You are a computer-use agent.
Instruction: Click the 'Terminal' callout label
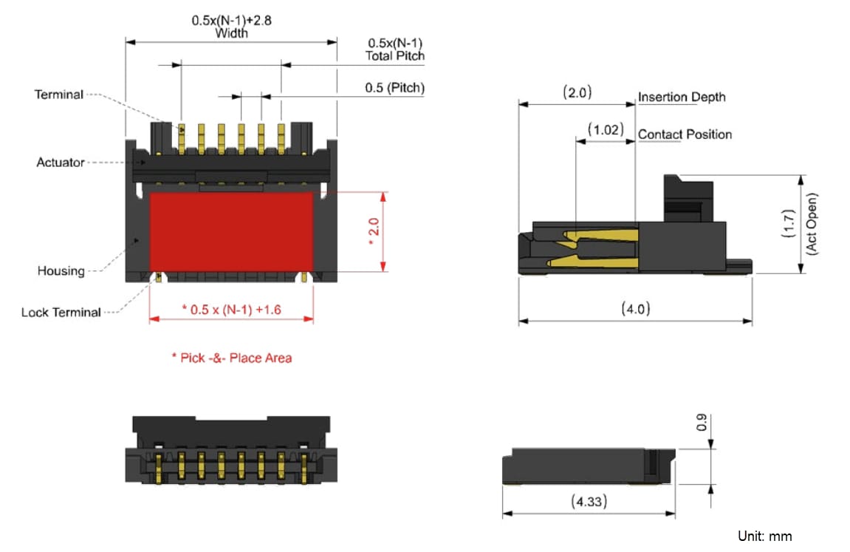pos(59,95)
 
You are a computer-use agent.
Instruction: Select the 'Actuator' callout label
pos(61,162)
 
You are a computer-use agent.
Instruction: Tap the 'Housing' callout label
pos(61,271)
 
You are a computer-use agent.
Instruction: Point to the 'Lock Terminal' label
pos(61,313)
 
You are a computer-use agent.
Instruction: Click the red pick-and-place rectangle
pos(232,231)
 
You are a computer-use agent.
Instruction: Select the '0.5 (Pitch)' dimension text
pos(394,88)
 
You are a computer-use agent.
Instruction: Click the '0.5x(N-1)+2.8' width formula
pos(231,21)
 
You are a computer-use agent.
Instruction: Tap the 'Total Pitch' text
pos(395,55)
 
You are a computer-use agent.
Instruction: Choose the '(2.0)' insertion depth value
pos(577,92)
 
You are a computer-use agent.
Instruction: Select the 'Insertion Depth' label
pos(682,98)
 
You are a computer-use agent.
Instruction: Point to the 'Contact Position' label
pos(685,134)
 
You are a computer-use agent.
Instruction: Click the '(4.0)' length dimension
pos(635,309)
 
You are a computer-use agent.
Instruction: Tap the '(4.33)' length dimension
pos(589,502)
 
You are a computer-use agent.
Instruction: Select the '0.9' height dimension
pos(703,423)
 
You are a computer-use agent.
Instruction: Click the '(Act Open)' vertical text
pos(812,224)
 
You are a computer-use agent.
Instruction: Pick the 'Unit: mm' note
pos(764,536)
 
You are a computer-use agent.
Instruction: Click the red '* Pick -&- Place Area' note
pos(231,358)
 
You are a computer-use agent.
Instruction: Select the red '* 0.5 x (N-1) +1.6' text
pos(231,310)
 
